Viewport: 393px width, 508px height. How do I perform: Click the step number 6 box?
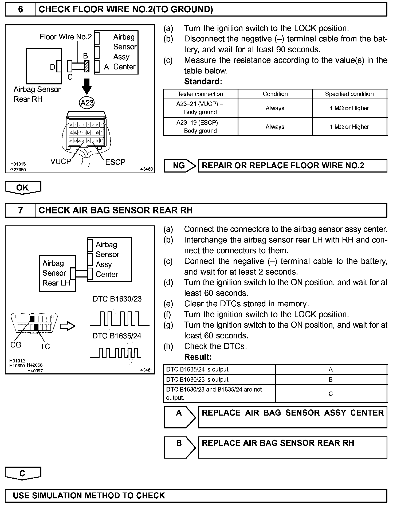(x=20, y=9)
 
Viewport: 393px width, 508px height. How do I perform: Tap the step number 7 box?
(x=20, y=210)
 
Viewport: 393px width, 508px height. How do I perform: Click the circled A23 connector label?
(x=87, y=103)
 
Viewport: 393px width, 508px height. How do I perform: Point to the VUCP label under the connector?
(x=61, y=161)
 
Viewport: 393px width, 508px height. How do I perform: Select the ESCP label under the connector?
(x=115, y=162)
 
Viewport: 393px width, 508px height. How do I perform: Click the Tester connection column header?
(x=200, y=94)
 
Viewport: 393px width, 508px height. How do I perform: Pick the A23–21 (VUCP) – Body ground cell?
(x=200, y=108)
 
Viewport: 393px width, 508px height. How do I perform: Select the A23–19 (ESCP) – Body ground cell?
(x=200, y=127)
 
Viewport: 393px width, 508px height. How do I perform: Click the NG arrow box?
(x=179, y=166)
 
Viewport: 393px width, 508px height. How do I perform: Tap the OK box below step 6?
(x=23, y=187)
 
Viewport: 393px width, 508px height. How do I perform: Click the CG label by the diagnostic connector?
(x=16, y=345)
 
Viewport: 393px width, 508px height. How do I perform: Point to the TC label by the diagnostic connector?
(x=45, y=346)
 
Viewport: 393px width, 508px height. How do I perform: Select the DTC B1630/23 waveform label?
(x=117, y=299)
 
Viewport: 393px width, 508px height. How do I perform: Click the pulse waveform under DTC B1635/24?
(x=115, y=353)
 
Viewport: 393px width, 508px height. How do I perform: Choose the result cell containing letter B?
(x=331, y=380)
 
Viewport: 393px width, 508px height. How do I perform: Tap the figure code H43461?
(x=145, y=370)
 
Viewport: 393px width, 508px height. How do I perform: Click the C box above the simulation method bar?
(x=23, y=473)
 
